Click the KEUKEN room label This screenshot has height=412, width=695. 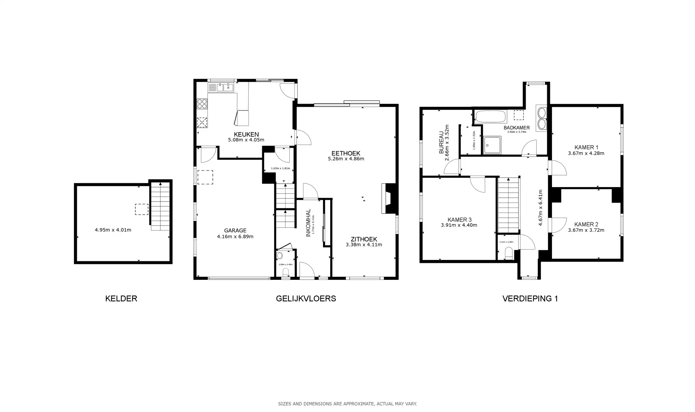(x=246, y=134)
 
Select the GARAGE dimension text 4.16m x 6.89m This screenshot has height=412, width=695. (x=235, y=237)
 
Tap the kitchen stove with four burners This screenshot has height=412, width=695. (x=202, y=103)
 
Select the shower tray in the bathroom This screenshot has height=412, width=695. (x=492, y=145)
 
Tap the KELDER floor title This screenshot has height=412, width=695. (x=121, y=299)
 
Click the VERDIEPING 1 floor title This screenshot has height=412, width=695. (x=530, y=299)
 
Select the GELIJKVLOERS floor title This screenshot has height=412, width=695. (x=306, y=299)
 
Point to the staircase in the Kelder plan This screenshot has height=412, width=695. (x=160, y=206)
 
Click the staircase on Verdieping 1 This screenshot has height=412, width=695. (x=508, y=205)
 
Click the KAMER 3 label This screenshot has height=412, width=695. (x=459, y=220)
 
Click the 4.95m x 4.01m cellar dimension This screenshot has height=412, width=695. (x=113, y=230)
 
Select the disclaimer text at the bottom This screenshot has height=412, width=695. (x=347, y=404)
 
